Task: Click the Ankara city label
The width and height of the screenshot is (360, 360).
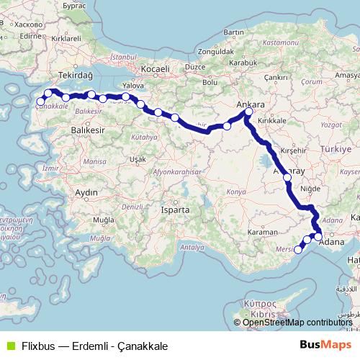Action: pos(251,104)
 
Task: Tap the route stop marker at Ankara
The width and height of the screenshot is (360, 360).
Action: pos(248,112)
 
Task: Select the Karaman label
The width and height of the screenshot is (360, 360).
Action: pos(262,233)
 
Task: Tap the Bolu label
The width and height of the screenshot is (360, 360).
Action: pos(210,82)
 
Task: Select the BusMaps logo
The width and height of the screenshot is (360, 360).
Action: pos(322,345)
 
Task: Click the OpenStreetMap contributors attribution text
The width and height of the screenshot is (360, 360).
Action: pos(297,323)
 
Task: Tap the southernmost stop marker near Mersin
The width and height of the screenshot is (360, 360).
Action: pos(298,250)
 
